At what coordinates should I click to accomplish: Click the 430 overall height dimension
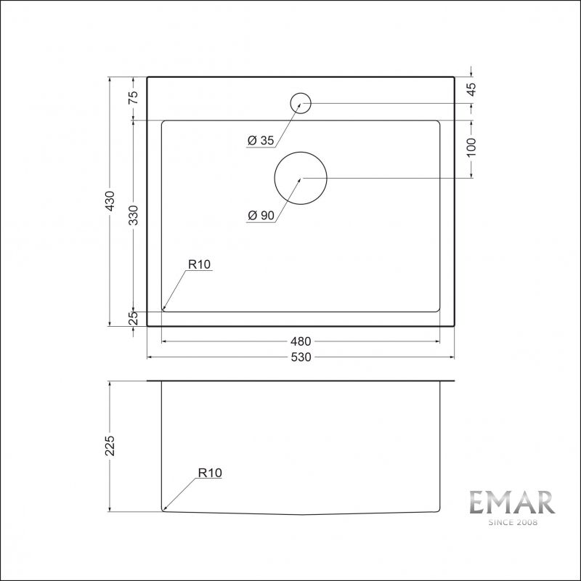110,201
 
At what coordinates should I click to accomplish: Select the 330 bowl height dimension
134,215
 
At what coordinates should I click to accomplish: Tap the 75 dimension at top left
134,98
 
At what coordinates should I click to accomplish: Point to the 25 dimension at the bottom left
134,318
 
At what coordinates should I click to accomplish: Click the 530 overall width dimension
301,357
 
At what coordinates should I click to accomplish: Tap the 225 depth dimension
110,446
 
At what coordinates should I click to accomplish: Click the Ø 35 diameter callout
260,142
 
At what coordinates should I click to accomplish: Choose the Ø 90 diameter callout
260,216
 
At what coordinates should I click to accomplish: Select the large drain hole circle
301,178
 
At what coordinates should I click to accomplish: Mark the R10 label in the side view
209,473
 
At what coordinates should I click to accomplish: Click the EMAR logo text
511,503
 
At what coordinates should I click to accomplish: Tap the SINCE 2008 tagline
511,522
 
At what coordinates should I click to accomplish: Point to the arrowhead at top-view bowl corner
164,308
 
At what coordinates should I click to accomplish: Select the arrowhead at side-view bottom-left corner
165,510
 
